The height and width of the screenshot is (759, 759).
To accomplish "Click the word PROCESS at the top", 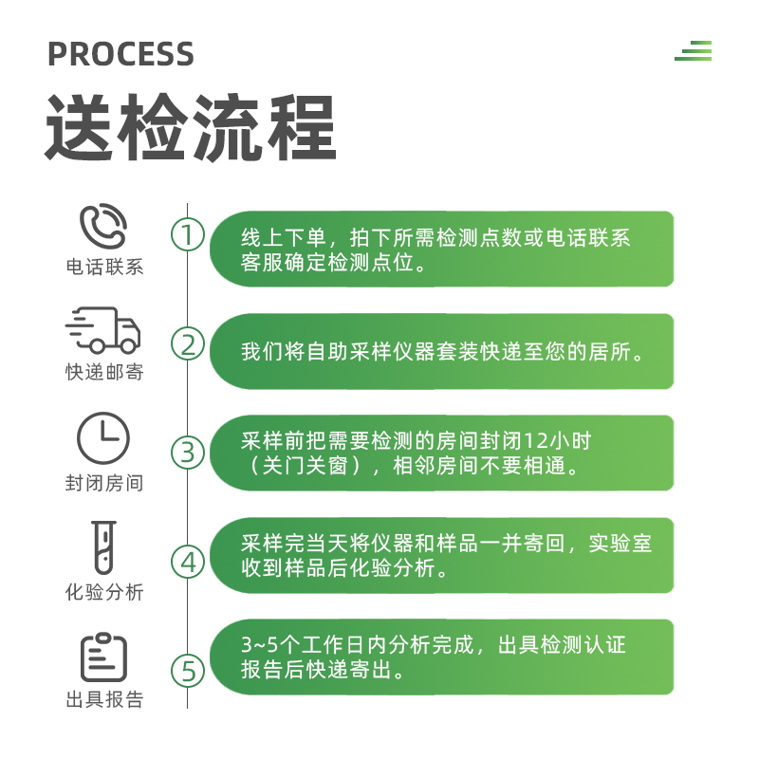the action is (120, 54).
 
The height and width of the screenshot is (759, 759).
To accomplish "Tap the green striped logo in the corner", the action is (694, 51).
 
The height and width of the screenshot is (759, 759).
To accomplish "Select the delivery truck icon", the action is (103, 330).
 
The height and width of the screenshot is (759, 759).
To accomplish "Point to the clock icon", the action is (103, 438).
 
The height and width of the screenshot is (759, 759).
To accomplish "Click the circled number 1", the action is (188, 234).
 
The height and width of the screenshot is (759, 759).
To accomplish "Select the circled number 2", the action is (188, 343).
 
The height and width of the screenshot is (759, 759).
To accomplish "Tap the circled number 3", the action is (188, 453).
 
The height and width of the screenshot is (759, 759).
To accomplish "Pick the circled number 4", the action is (188, 562).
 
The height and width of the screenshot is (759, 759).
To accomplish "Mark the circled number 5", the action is (188, 671).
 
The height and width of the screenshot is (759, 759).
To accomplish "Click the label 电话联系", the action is (104, 267).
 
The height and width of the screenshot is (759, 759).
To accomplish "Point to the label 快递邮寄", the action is (104, 373).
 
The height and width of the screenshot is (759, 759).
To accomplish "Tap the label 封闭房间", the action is (104, 483).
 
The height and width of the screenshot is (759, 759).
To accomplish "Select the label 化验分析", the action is (104, 593).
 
